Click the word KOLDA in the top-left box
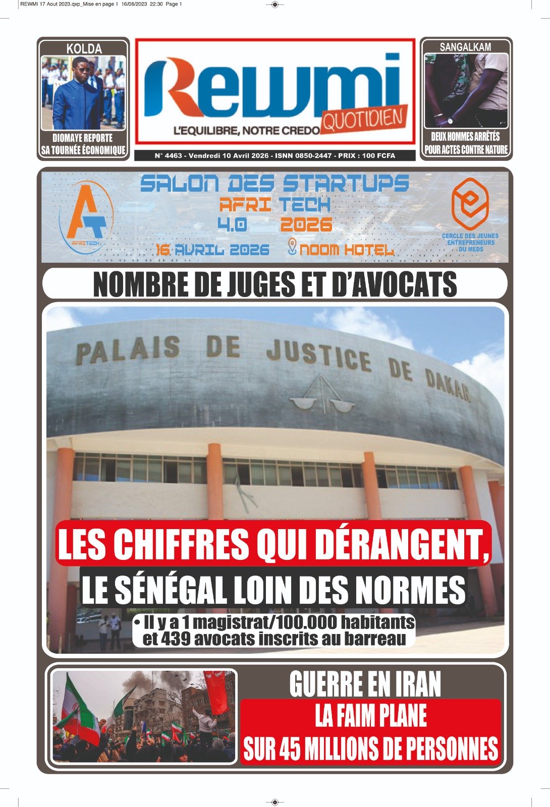pyautogui.click(x=84, y=49)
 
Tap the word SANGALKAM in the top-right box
pyautogui.click(x=465, y=47)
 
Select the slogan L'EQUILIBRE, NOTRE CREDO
pyautogui.click(x=246, y=131)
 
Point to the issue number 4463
pyautogui.click(x=173, y=156)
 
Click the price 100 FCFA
pyautogui.click(x=378, y=156)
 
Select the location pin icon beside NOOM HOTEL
pyautogui.click(x=292, y=247)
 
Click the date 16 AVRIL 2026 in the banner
pyautogui.click(x=212, y=250)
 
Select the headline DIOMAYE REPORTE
pyautogui.click(x=83, y=138)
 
